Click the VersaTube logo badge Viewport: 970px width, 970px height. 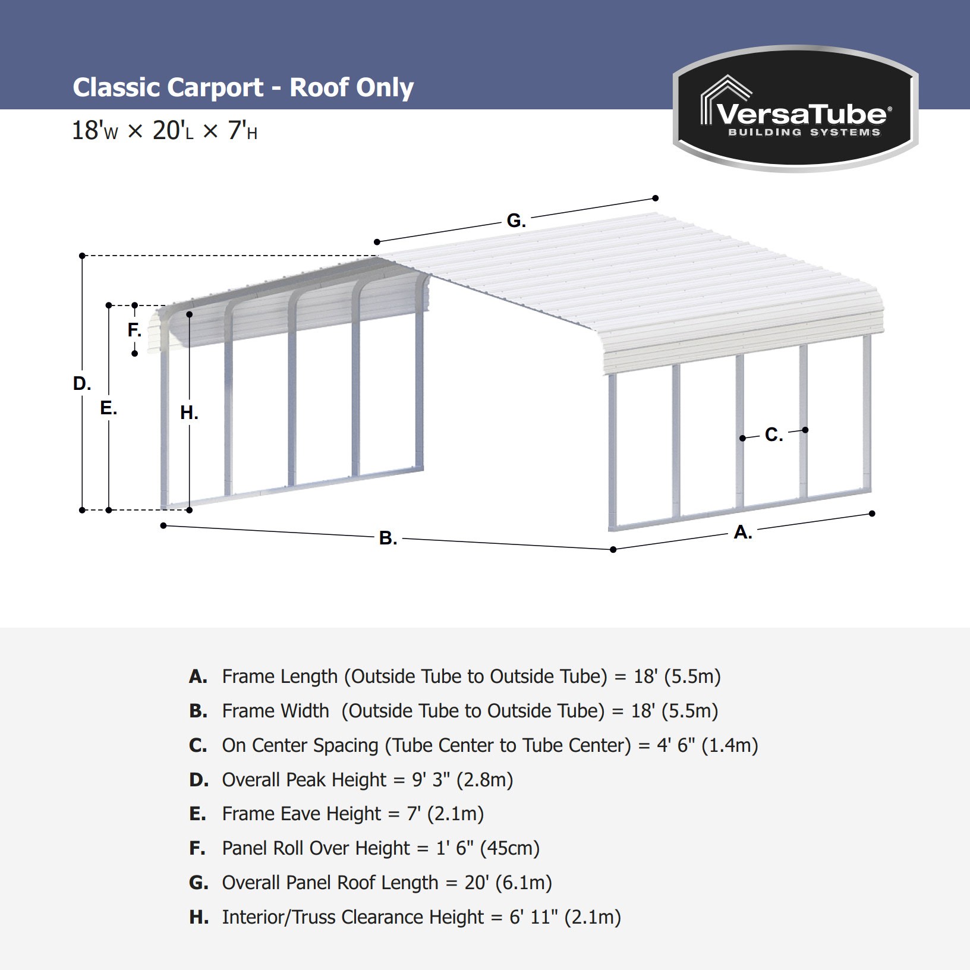point(795,109)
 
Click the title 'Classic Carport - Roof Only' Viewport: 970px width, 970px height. point(243,88)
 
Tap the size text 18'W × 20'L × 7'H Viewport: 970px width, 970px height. point(165,131)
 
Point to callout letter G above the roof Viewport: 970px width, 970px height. point(516,221)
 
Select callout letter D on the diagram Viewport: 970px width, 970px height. point(82,384)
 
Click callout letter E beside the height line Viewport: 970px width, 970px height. point(109,408)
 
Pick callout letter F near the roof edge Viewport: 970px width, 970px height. point(134,330)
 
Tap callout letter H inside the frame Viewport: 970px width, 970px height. point(189,412)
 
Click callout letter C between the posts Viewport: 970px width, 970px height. point(774,435)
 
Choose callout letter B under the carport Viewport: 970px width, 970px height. point(388,538)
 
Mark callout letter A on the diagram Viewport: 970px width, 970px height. point(743,532)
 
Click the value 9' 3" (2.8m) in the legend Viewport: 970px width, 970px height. point(462,780)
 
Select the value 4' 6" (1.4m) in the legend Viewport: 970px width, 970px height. point(707,745)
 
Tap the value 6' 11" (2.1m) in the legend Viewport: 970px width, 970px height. point(565,917)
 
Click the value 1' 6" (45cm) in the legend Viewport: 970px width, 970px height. point(488,848)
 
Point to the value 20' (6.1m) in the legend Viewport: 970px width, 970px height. point(508,883)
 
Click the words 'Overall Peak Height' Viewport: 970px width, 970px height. point(304,780)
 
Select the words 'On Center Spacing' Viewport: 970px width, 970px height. point(300,745)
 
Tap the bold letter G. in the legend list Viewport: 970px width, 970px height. point(199,883)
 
